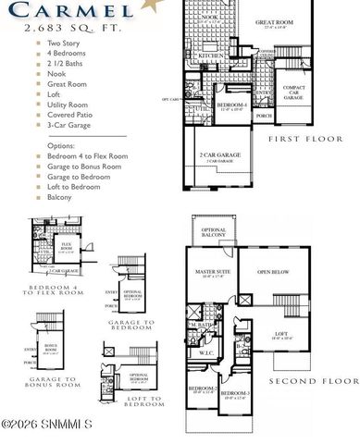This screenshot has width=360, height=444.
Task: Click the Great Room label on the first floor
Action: point(274,21)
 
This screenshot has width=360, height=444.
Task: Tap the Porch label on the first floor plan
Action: point(263,116)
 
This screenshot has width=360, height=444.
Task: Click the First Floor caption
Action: point(306,139)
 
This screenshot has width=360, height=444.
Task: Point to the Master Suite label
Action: point(212,273)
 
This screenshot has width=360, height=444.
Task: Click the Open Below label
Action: point(276,272)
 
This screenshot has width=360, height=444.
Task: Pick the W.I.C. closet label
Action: point(206,352)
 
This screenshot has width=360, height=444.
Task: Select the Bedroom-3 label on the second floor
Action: point(234,395)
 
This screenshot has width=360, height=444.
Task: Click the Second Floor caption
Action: point(313,381)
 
